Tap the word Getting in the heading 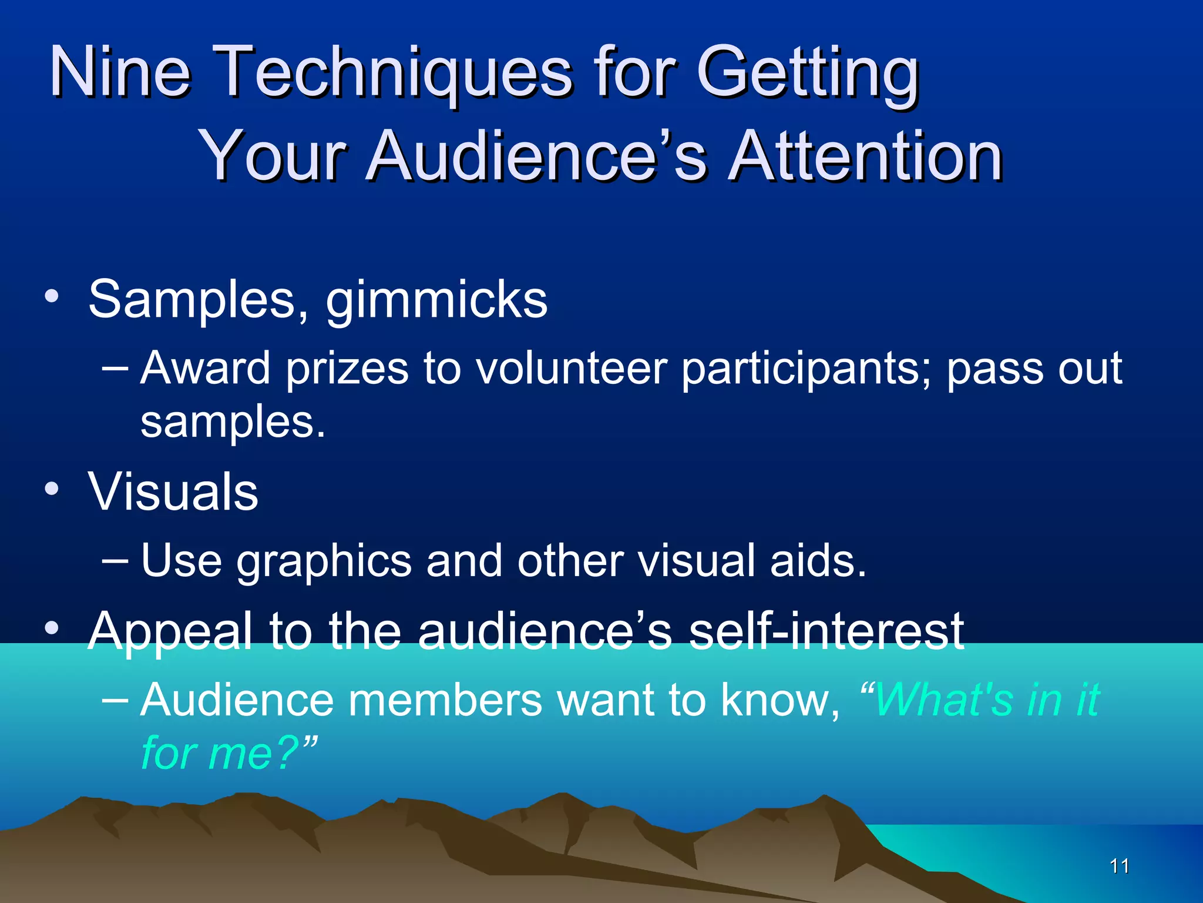807,73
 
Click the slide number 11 1120,866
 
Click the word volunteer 571,369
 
